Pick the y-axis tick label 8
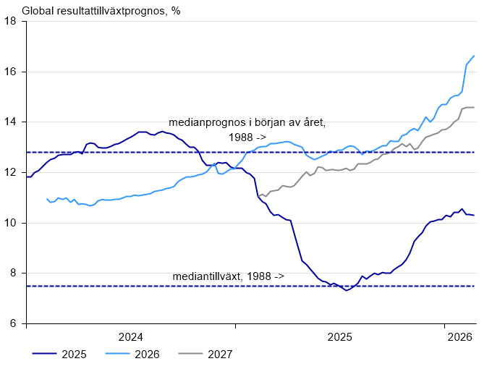pyautogui.click(x=14, y=273)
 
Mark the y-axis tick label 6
pyautogui.click(x=14, y=323)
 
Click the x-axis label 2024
pyautogui.click(x=130, y=336)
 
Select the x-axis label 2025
pyautogui.click(x=339, y=336)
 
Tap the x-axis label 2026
pyautogui.click(x=459, y=336)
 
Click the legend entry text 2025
pyautogui.click(x=75, y=354)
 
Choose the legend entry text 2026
pyautogui.click(x=147, y=354)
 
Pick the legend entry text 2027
pyautogui.click(x=220, y=354)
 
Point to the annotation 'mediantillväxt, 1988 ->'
pyautogui.click(x=228, y=276)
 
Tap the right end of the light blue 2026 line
pyautogui.click(x=474, y=56)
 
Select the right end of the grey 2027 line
pyautogui.click(x=474, y=107)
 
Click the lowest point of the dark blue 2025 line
pyautogui.click(x=347, y=290)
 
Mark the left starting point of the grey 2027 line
pyautogui.click(x=259, y=196)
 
